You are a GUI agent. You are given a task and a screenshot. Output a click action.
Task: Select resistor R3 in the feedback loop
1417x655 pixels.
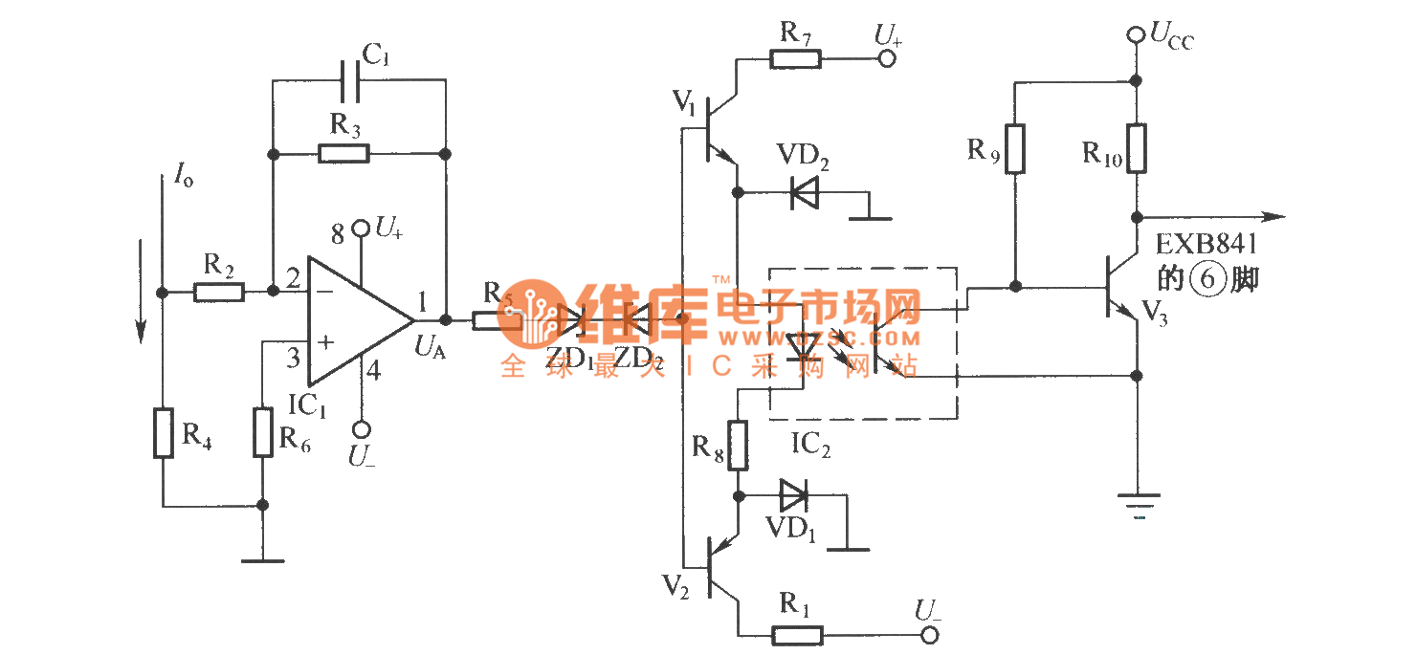[343, 153]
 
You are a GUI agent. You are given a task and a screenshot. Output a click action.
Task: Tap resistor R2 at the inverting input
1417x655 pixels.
[219, 291]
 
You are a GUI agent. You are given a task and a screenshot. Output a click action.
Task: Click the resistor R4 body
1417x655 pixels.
[164, 432]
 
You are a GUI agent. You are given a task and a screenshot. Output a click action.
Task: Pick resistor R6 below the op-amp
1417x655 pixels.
[263, 432]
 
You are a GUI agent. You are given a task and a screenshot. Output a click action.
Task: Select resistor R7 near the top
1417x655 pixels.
[795, 58]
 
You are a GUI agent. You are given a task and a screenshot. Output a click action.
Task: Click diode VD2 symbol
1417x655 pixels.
[805, 194]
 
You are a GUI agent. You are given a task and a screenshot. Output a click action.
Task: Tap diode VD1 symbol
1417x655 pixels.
[793, 495]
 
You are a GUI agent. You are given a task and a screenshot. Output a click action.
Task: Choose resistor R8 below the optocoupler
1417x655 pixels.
[737, 446]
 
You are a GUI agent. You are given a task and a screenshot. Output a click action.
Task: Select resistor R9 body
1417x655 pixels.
[1015, 148]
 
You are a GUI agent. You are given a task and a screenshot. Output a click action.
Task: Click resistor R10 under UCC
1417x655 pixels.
[1136, 148]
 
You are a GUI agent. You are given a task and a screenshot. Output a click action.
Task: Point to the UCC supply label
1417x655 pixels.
[1171, 38]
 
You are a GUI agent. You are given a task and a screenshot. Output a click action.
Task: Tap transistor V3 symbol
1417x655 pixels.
[1119, 287]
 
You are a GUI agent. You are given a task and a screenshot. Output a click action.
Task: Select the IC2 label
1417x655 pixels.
[810, 445]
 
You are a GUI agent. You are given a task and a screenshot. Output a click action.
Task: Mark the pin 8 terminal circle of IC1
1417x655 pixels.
[361, 228]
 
